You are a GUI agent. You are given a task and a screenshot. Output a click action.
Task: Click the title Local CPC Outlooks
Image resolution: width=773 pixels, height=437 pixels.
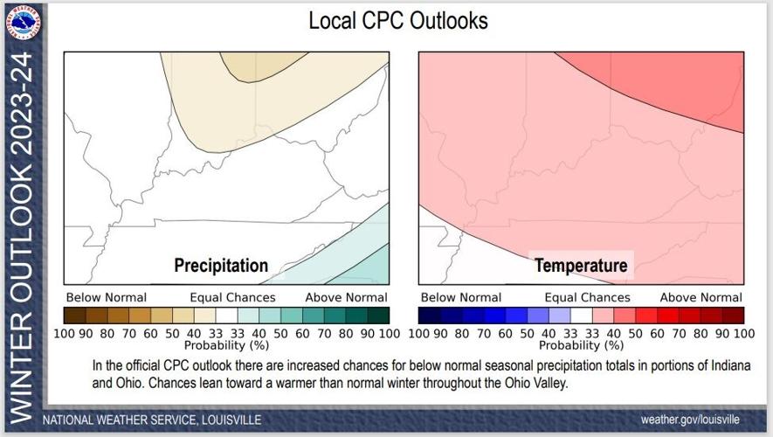point(398,20)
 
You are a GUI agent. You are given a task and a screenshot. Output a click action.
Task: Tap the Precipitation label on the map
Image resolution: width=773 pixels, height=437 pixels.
point(221,265)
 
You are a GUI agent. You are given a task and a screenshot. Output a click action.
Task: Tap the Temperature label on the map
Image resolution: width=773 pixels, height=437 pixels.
point(581,265)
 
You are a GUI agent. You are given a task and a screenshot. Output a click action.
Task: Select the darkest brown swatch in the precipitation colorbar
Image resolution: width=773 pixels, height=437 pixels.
point(74,315)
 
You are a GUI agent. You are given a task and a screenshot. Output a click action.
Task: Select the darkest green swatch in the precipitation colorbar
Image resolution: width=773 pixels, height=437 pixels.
point(378,315)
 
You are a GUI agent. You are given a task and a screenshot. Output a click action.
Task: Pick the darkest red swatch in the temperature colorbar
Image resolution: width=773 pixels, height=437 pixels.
point(733,315)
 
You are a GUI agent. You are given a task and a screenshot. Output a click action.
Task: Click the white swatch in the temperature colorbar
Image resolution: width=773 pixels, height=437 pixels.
point(582,315)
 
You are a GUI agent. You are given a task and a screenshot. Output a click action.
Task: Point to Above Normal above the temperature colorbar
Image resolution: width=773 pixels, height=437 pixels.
point(701,297)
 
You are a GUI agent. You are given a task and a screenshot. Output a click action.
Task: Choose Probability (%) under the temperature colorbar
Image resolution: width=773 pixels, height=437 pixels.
point(581,345)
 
